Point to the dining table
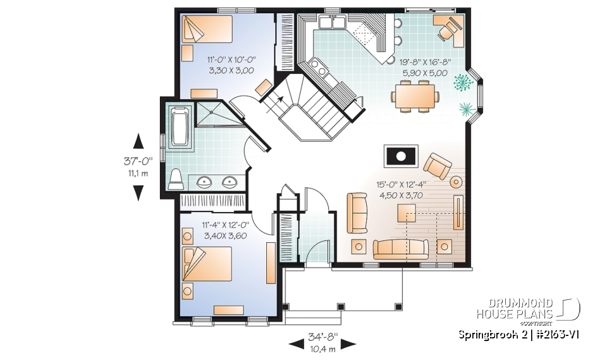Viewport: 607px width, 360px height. tap(415, 98)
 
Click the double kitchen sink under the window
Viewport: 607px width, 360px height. tap(332, 24)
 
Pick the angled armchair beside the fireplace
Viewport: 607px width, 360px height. tap(437, 166)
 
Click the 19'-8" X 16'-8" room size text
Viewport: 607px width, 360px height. tap(424, 62)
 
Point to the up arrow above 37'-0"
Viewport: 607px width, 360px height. tap(138, 142)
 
